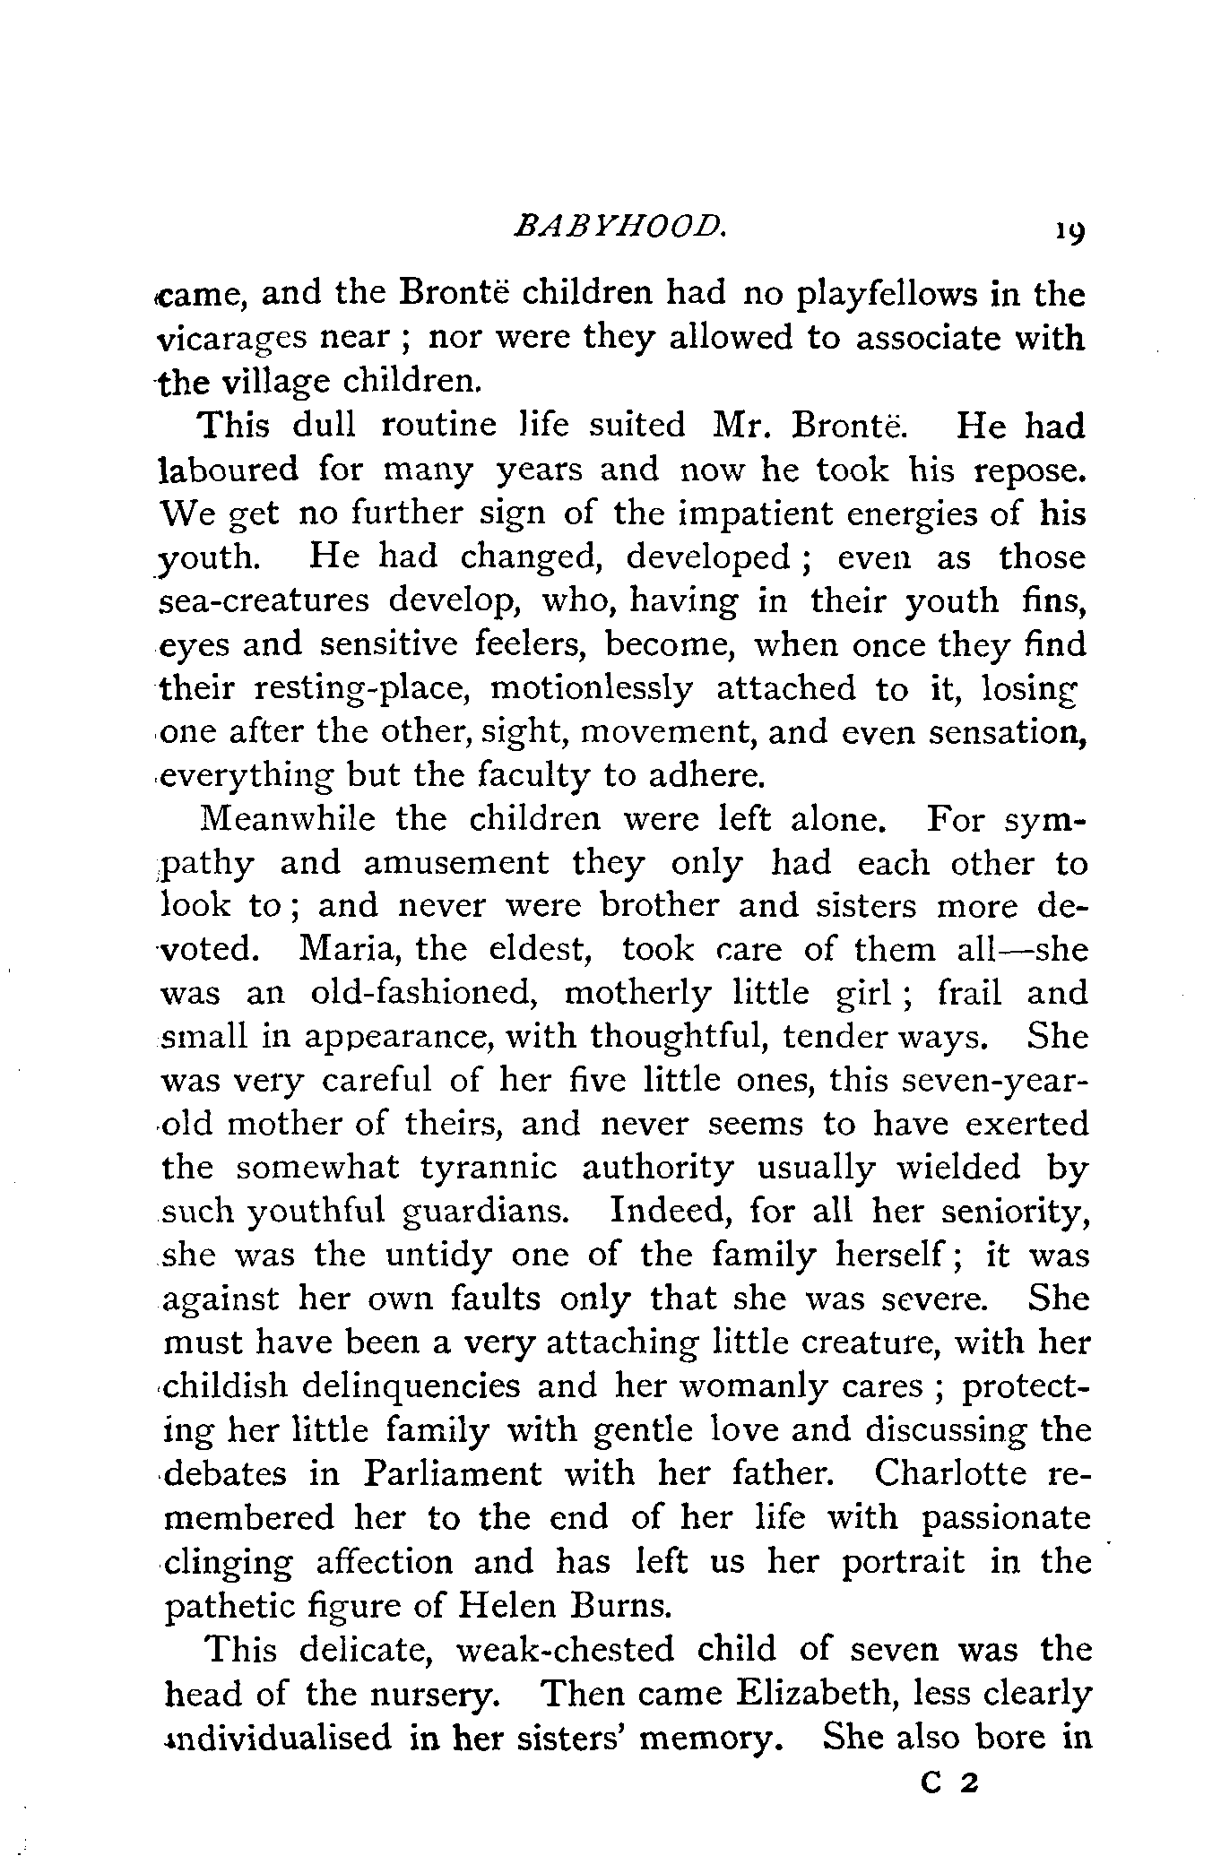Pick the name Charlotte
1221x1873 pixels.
point(952,1474)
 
